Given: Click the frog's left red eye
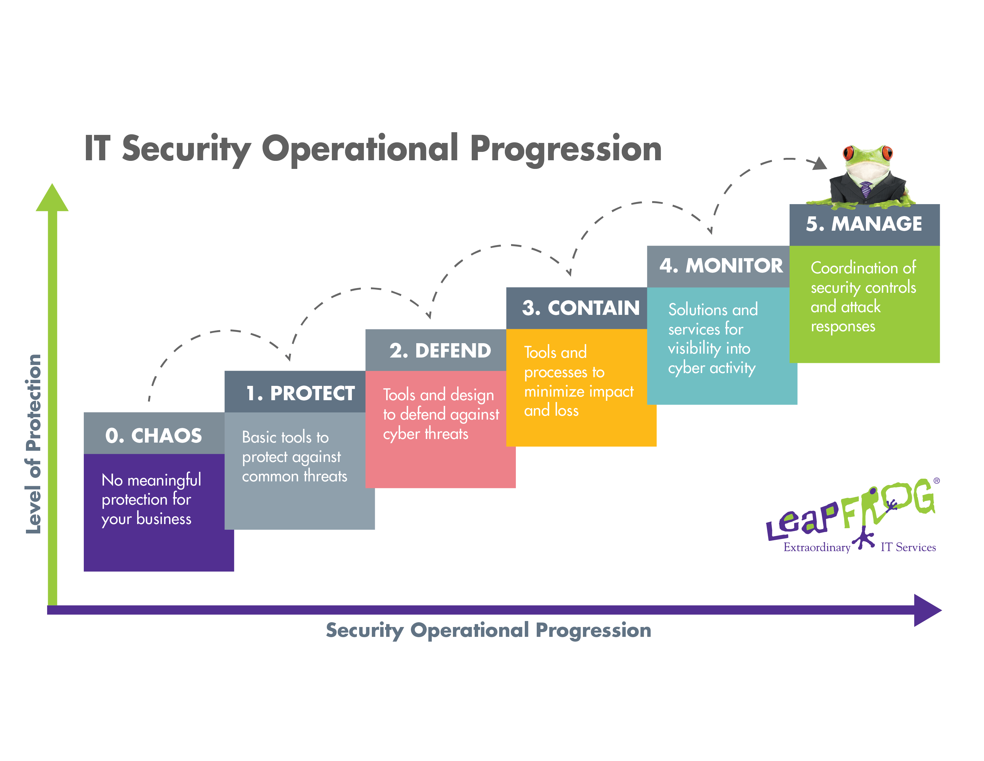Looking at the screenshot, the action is (x=849, y=152).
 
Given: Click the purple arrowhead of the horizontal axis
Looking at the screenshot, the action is (x=928, y=610).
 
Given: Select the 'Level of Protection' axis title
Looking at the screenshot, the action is (x=34, y=444).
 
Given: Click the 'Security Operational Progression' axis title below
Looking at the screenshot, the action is (x=488, y=630).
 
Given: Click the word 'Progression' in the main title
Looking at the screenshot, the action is (x=565, y=149).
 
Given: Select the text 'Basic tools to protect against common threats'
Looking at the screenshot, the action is (x=295, y=457).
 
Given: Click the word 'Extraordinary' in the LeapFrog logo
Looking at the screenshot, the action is (x=817, y=547).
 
